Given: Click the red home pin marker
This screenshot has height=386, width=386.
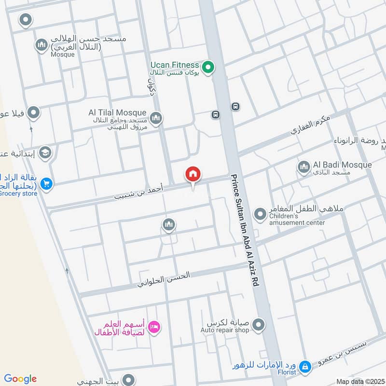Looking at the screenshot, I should tap(193, 175).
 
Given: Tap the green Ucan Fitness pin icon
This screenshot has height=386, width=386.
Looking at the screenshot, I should tap(207, 67).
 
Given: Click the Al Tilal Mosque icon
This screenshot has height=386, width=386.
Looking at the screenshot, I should tap(155, 118).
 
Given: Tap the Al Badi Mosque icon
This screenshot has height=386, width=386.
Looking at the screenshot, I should tap(303, 167).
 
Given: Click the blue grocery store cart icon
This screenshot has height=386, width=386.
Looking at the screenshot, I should tap(46, 183).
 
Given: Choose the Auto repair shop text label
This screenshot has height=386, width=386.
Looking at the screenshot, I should tap(225, 331).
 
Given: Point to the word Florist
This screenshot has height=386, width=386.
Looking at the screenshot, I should tap(286, 372).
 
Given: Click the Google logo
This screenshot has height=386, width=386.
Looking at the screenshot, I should tap(20, 379).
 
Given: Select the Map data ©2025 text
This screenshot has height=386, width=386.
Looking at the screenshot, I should tap(359, 382).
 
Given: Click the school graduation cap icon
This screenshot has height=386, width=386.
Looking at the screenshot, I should tap(45, 153).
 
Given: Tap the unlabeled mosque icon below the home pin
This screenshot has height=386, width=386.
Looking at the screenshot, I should tap(168, 224).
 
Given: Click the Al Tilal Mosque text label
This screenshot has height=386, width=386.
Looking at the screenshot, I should tap(117, 112).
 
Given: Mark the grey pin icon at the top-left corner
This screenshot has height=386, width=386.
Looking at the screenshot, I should tap(25, 20).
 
